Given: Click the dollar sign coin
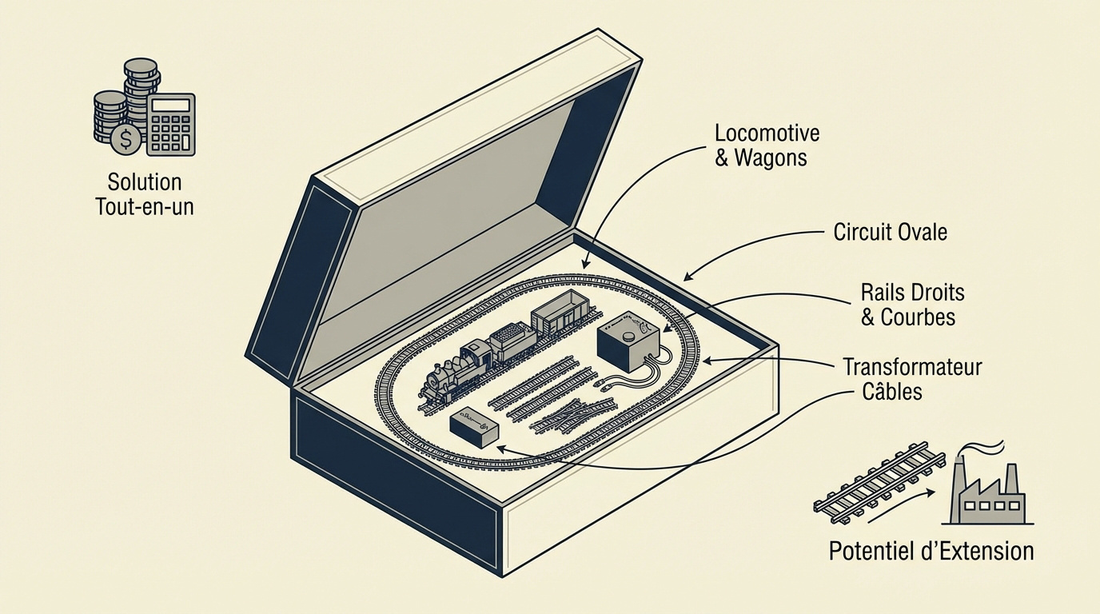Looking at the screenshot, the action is click(x=126, y=140).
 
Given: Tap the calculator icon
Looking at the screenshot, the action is click(x=171, y=124).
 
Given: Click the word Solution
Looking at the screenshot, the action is click(x=145, y=182).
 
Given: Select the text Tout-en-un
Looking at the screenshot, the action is click(x=145, y=206).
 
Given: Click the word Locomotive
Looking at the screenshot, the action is click(x=767, y=134).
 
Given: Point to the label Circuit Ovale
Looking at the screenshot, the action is click(x=891, y=232).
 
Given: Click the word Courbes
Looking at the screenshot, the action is click(x=918, y=317).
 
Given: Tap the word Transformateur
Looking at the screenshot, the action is click(x=912, y=367).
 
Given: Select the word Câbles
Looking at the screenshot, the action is click(x=892, y=392).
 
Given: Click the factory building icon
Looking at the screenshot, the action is click(x=987, y=496).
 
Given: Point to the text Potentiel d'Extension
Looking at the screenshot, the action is click(x=931, y=551).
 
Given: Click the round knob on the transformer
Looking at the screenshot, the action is click(x=628, y=337).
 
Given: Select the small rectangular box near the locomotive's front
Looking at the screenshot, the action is click(x=474, y=428).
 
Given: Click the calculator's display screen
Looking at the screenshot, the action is click(x=171, y=105).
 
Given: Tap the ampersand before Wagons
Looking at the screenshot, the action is click(x=721, y=158).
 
